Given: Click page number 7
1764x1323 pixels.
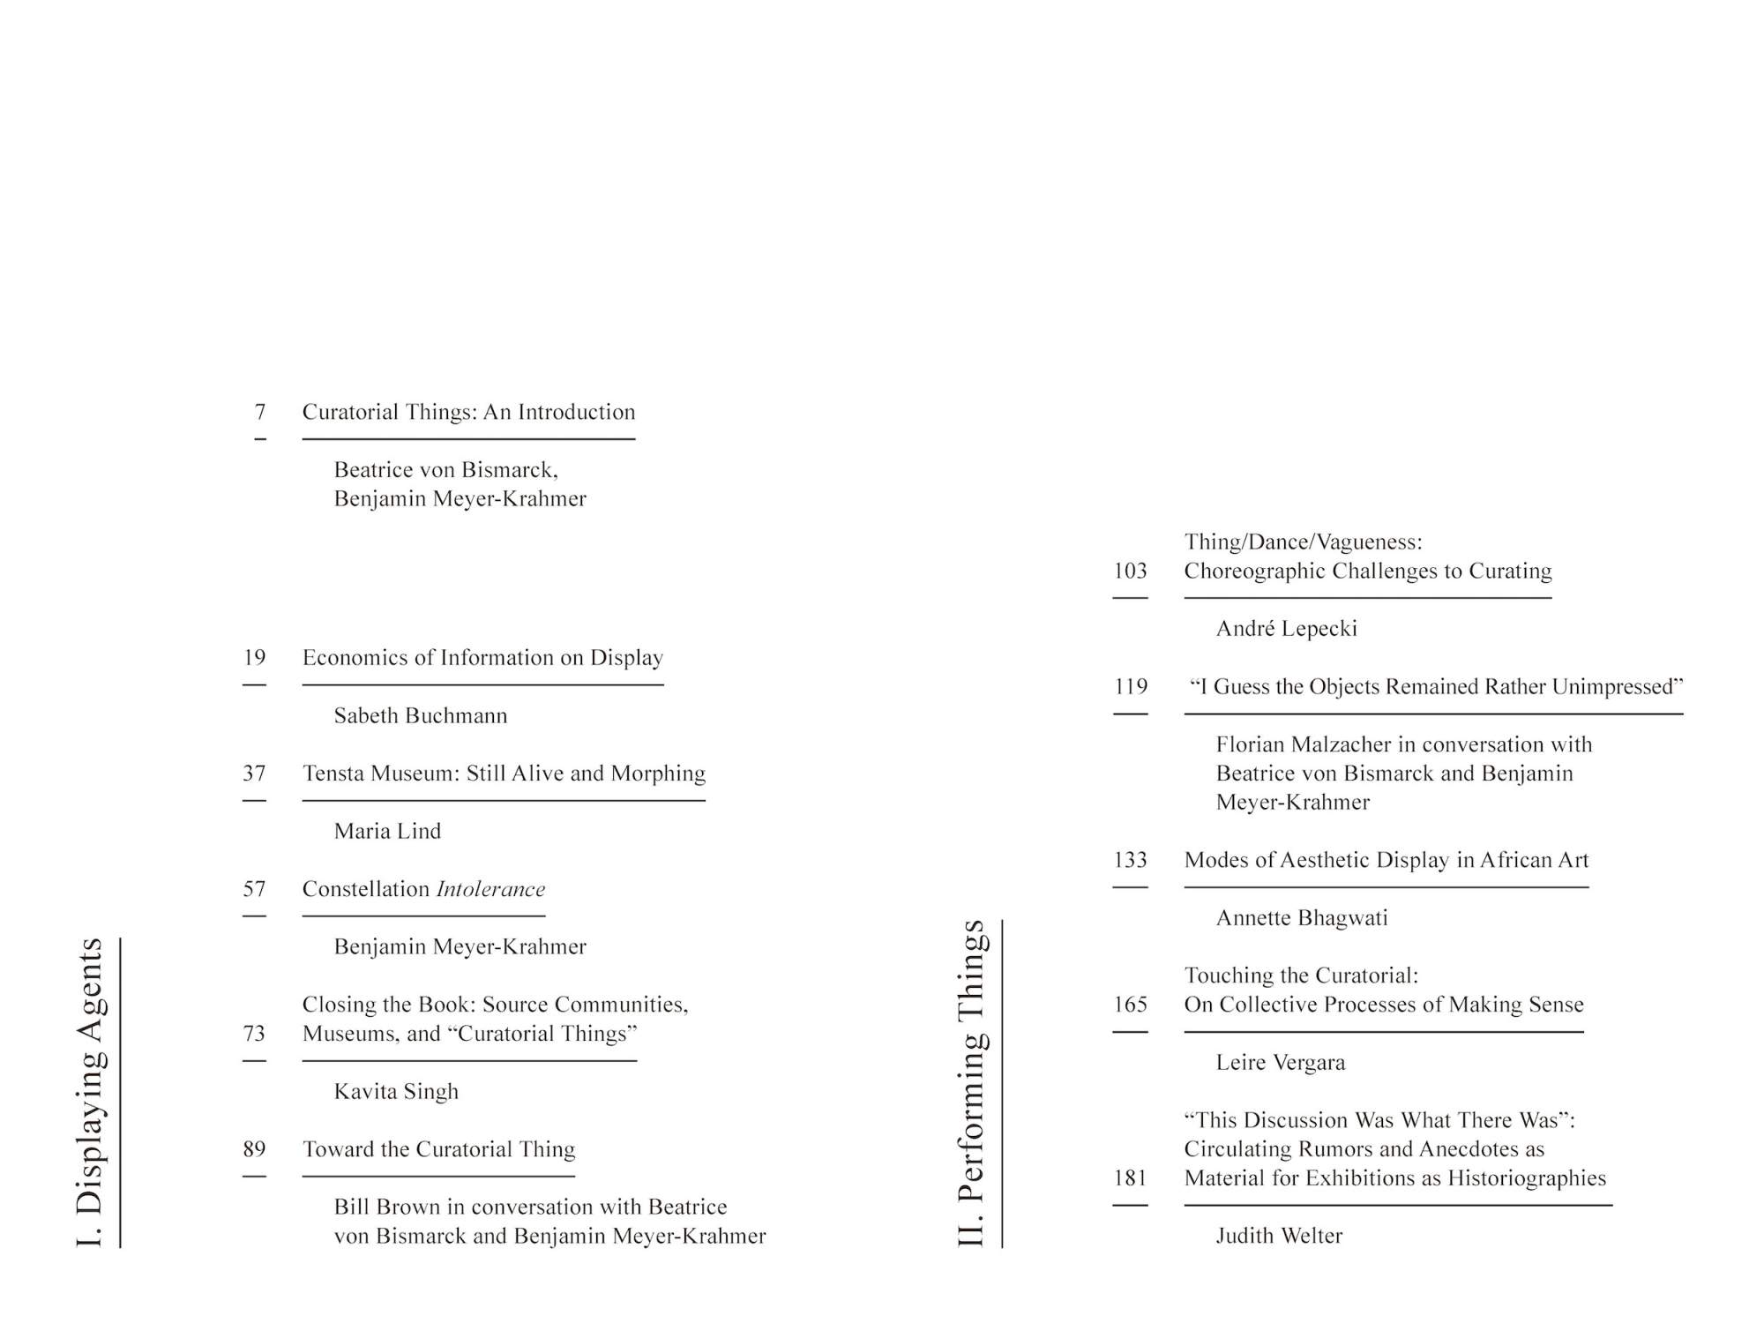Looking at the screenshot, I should click(260, 412).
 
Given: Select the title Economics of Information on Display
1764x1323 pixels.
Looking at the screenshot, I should click(482, 658).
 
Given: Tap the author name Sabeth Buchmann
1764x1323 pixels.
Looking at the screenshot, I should click(421, 715).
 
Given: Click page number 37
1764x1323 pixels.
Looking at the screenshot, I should click(254, 774).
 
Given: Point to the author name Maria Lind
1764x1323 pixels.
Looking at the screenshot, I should click(387, 831).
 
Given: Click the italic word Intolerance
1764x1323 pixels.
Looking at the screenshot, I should click(490, 889).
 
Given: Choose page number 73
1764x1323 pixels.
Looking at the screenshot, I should click(254, 1033).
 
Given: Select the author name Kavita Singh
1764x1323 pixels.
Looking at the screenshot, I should click(396, 1091).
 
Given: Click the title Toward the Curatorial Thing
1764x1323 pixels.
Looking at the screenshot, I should click(438, 1149).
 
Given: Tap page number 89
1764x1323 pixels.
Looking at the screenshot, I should click(254, 1149).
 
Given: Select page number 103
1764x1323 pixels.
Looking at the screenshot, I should click(1130, 572).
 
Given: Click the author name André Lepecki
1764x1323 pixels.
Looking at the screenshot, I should click(1286, 629).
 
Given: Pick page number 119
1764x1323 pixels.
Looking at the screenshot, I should click(1130, 687).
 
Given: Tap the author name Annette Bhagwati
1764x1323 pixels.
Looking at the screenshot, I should click(1301, 918).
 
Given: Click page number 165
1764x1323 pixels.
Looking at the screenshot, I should click(1130, 1005).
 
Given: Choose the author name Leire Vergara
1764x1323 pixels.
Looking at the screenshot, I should click(1280, 1063).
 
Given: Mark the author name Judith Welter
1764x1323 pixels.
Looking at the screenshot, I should click(1279, 1236).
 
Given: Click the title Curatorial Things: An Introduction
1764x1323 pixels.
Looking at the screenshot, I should click(468, 412).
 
